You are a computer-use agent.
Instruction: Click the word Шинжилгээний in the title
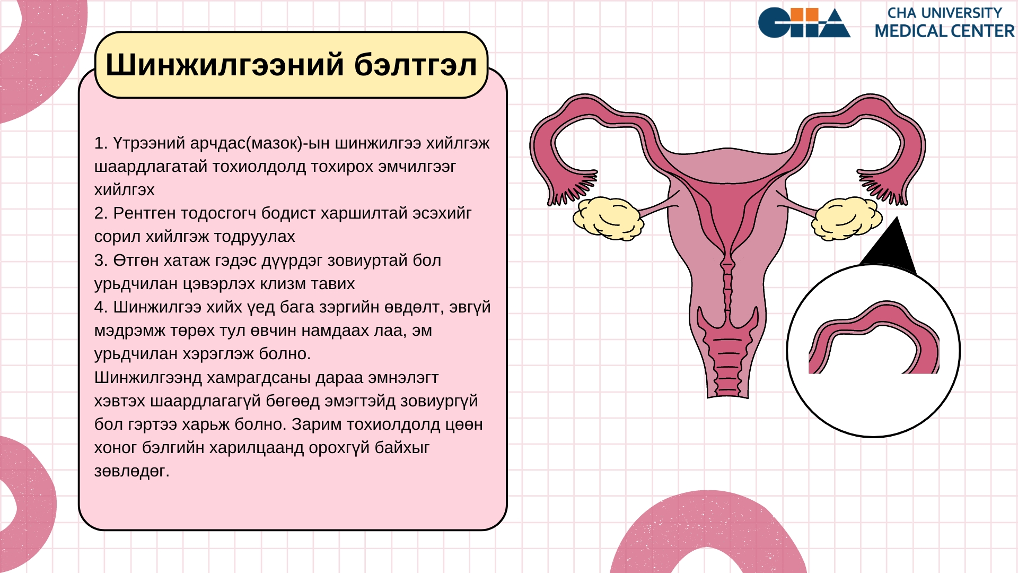(x=225, y=65)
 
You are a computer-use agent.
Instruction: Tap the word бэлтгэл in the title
(x=416, y=65)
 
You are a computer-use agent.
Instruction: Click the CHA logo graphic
(x=804, y=23)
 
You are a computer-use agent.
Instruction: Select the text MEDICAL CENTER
(x=944, y=31)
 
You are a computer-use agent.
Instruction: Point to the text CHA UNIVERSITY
(x=944, y=13)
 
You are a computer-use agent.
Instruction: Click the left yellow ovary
(x=608, y=218)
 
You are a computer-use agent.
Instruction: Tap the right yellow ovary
(x=847, y=218)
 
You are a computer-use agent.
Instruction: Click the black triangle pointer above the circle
(x=891, y=247)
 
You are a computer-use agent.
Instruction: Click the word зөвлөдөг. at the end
(x=132, y=471)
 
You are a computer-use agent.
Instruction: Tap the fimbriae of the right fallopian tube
(x=882, y=188)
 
